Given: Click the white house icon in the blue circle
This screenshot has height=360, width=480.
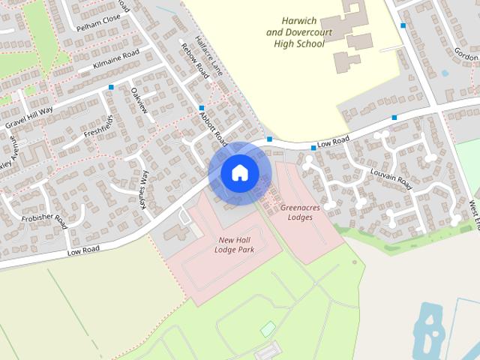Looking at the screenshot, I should point(239,172).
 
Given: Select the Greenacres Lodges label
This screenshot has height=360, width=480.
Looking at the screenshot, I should point(300,212).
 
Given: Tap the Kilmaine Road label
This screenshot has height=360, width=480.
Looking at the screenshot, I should point(116,59).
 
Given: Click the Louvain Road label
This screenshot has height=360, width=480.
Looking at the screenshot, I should point(391,178).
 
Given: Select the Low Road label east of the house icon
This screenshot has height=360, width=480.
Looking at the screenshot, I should point(334,139).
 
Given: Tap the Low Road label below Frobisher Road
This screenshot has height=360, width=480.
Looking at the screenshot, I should point(82,250).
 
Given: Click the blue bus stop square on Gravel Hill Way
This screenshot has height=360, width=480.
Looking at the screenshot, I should point(112,88).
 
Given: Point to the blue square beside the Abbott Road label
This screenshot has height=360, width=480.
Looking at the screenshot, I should point(201,108).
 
